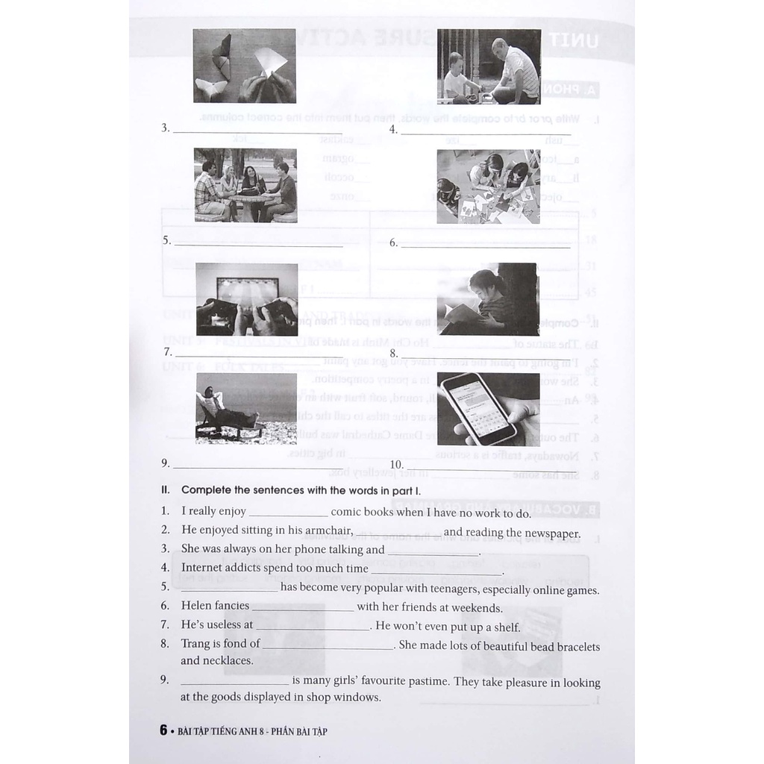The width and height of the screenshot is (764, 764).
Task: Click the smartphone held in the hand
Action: [x=478, y=407]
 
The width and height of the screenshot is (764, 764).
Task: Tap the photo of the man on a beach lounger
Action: [x=245, y=408]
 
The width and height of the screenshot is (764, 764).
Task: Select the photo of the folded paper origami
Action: [x=244, y=66]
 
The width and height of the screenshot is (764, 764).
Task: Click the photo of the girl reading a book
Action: [x=486, y=299]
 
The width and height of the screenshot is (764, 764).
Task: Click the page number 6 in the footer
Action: [x=163, y=730]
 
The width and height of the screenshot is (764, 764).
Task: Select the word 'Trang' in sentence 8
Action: [x=196, y=643]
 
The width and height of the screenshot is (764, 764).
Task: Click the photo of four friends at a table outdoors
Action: [x=245, y=185]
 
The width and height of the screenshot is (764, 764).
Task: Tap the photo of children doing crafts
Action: [x=488, y=187]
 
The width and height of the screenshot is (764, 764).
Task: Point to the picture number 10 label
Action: [x=396, y=465]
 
